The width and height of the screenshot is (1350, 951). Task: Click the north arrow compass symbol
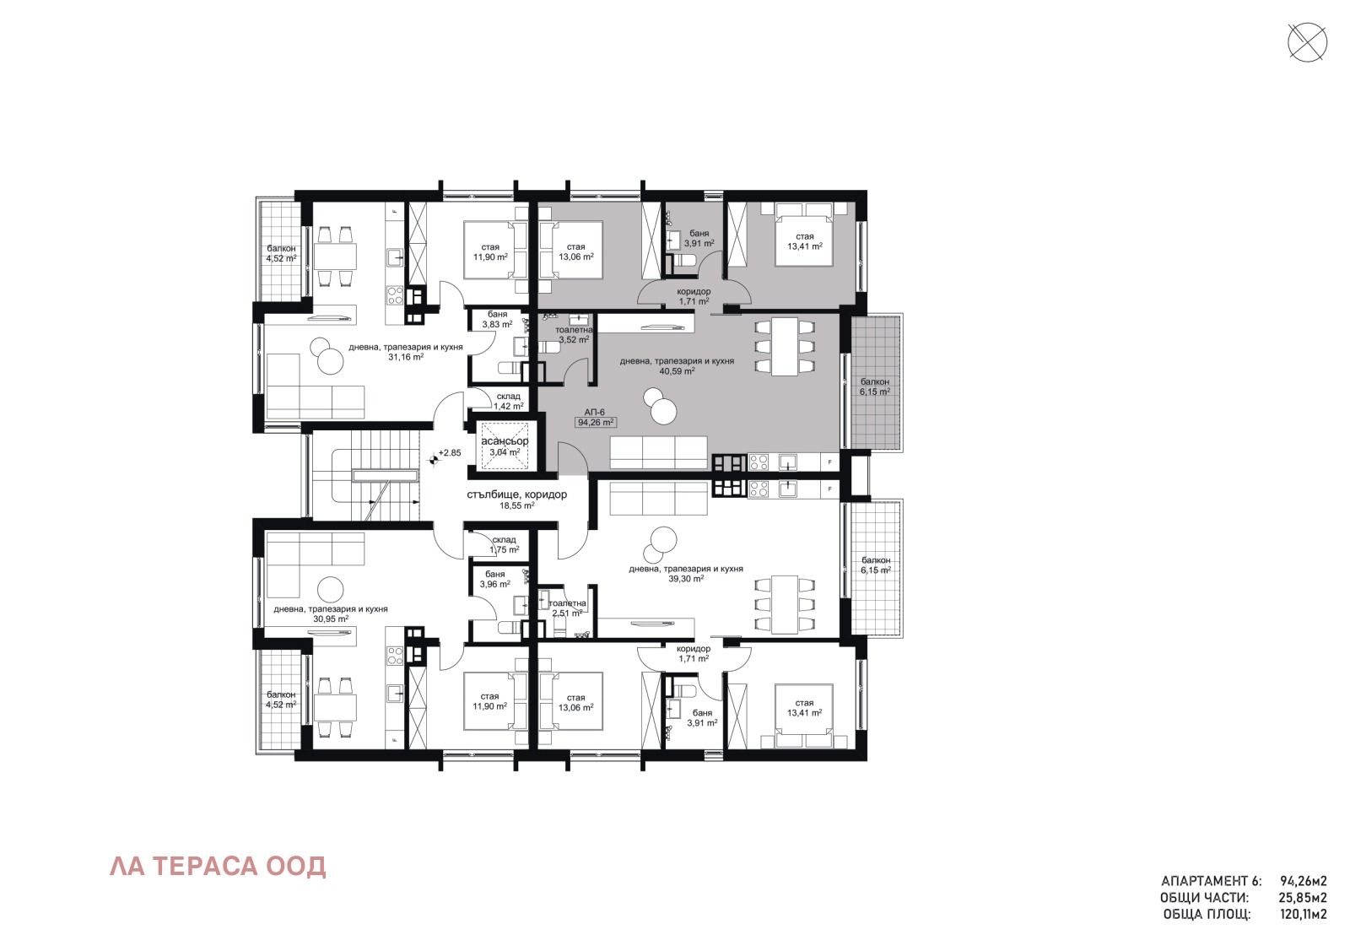click(x=1307, y=42)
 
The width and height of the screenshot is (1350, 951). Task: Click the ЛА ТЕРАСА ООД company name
click(x=218, y=867)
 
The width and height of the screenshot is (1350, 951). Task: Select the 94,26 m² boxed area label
click(x=596, y=423)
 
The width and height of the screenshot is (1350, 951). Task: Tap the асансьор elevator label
click(x=505, y=441)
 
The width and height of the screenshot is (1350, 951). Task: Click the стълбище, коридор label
click(x=516, y=494)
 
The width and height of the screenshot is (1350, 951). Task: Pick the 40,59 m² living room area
click(x=677, y=370)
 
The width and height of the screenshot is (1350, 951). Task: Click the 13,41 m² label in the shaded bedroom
click(x=804, y=246)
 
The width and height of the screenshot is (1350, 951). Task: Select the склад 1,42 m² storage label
click(x=508, y=401)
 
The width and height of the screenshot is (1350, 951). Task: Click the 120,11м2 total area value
click(x=1303, y=914)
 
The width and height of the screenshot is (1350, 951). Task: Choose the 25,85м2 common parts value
click(x=1303, y=898)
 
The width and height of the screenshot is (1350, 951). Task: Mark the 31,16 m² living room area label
click(x=406, y=357)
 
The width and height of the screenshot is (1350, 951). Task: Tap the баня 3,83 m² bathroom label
click(x=497, y=319)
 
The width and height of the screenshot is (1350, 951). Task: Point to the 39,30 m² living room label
click(x=686, y=579)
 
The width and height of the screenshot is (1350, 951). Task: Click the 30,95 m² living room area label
click(x=331, y=619)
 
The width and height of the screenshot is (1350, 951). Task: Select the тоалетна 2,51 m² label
click(x=567, y=608)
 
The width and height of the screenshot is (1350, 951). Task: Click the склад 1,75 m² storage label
click(x=504, y=544)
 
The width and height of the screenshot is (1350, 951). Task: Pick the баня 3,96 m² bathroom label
click(x=494, y=579)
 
